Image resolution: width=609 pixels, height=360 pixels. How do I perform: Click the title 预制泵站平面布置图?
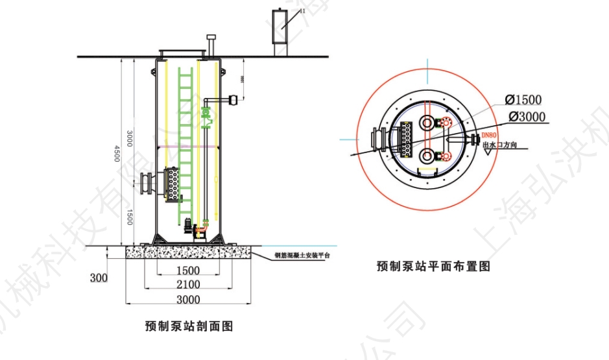click(433, 266)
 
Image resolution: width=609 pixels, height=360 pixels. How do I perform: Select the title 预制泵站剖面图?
click(189, 326)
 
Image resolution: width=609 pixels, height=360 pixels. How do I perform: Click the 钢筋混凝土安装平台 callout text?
click(302, 256)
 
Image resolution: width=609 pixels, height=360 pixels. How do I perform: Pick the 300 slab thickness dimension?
click(99, 278)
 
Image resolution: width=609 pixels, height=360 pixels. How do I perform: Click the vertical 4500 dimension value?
click(117, 153)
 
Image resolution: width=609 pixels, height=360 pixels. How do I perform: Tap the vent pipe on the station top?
click(210, 46)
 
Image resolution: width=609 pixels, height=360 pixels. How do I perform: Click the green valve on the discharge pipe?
click(206, 115)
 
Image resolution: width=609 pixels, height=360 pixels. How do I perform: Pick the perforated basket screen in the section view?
click(172, 184)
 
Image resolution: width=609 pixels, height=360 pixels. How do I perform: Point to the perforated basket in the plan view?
click(407, 139)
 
